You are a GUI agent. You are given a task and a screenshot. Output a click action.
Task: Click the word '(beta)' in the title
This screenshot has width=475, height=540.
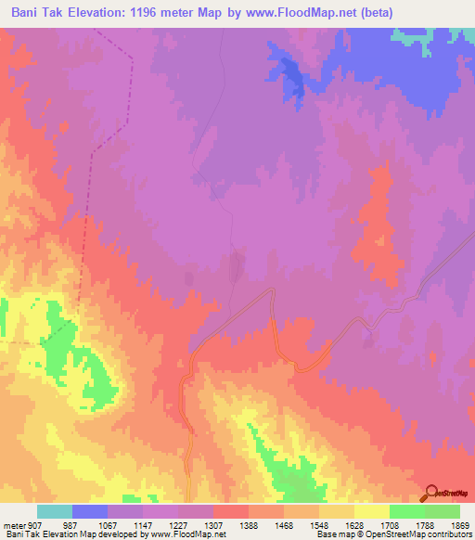point(371,13)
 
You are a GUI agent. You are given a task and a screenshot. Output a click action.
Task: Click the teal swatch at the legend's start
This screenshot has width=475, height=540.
point(54,511)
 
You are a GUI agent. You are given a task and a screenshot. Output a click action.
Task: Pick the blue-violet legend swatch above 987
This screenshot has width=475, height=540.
point(89,511)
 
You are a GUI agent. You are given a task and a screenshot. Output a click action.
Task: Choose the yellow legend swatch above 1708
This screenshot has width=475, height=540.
point(371,511)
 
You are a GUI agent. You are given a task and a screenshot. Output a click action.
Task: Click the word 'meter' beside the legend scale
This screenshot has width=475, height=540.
point(12,525)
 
